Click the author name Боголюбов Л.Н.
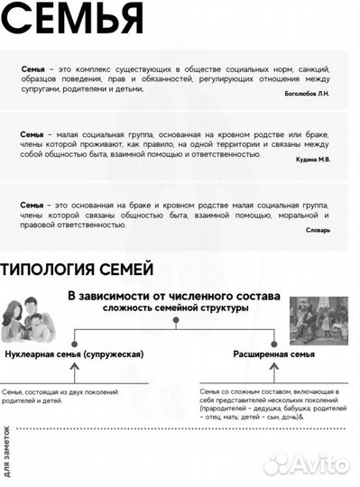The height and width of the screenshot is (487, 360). point(304,94)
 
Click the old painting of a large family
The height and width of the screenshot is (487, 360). point(318,320)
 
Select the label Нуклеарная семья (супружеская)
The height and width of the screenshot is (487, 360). point(75,354)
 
